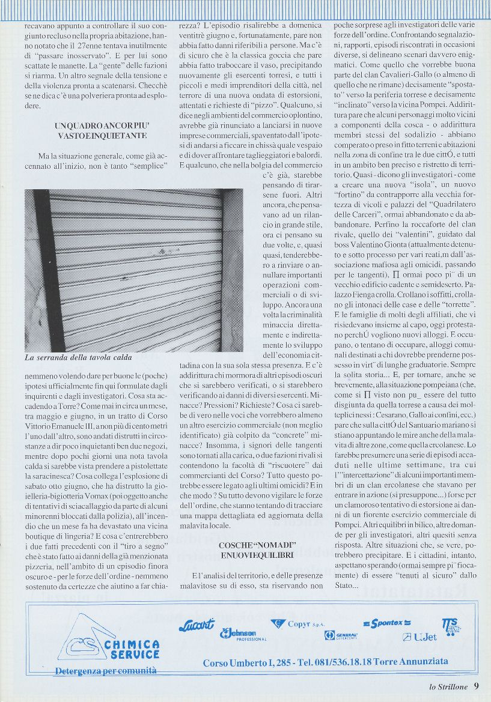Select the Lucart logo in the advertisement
[x=196, y=625]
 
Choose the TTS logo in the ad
[x=451, y=626]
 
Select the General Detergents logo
[x=341, y=635]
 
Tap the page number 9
[x=477, y=685]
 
